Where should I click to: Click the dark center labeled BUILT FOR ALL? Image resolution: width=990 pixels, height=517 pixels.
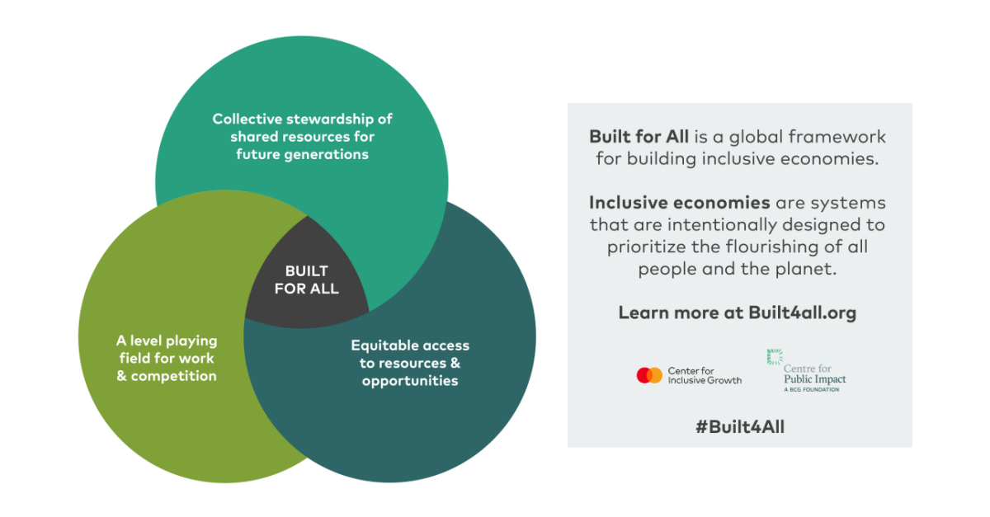(x=306, y=280)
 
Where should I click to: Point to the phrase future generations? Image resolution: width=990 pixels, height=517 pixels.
(x=302, y=154)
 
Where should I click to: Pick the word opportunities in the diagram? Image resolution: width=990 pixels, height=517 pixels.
(x=409, y=381)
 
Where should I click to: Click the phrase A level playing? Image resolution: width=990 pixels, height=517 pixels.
(x=166, y=341)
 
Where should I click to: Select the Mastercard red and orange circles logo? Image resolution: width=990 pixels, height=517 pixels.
(x=649, y=375)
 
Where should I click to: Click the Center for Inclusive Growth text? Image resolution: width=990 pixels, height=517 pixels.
(x=705, y=375)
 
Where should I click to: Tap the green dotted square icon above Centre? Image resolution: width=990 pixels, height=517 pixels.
(x=775, y=357)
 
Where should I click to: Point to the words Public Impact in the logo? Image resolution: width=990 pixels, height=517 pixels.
(x=814, y=379)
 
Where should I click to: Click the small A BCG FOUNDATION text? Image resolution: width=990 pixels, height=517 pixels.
(x=811, y=389)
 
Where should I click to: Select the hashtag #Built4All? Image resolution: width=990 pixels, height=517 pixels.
(x=739, y=426)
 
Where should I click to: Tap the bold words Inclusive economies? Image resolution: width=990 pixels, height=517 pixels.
(x=679, y=203)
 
